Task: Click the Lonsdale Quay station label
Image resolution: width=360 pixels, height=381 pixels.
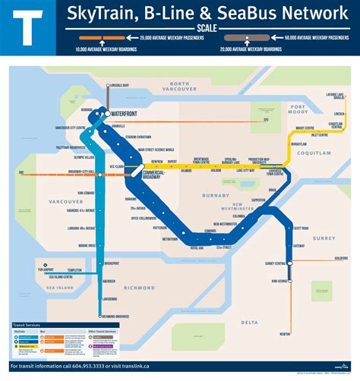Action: pyautogui.click(x=122, y=86)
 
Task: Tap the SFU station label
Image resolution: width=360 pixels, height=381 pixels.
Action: pyautogui.click(x=266, y=119)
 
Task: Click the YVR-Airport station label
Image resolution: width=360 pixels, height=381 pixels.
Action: pyautogui.click(x=46, y=269)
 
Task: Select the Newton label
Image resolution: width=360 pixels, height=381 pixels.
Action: pyautogui.click(x=285, y=333)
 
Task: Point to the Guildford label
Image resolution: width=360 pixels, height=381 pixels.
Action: pyautogui.click(x=339, y=259)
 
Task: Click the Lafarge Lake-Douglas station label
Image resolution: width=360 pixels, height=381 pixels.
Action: pyautogui.click(x=335, y=96)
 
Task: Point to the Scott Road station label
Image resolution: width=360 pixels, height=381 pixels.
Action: pyautogui.click(x=301, y=228)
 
